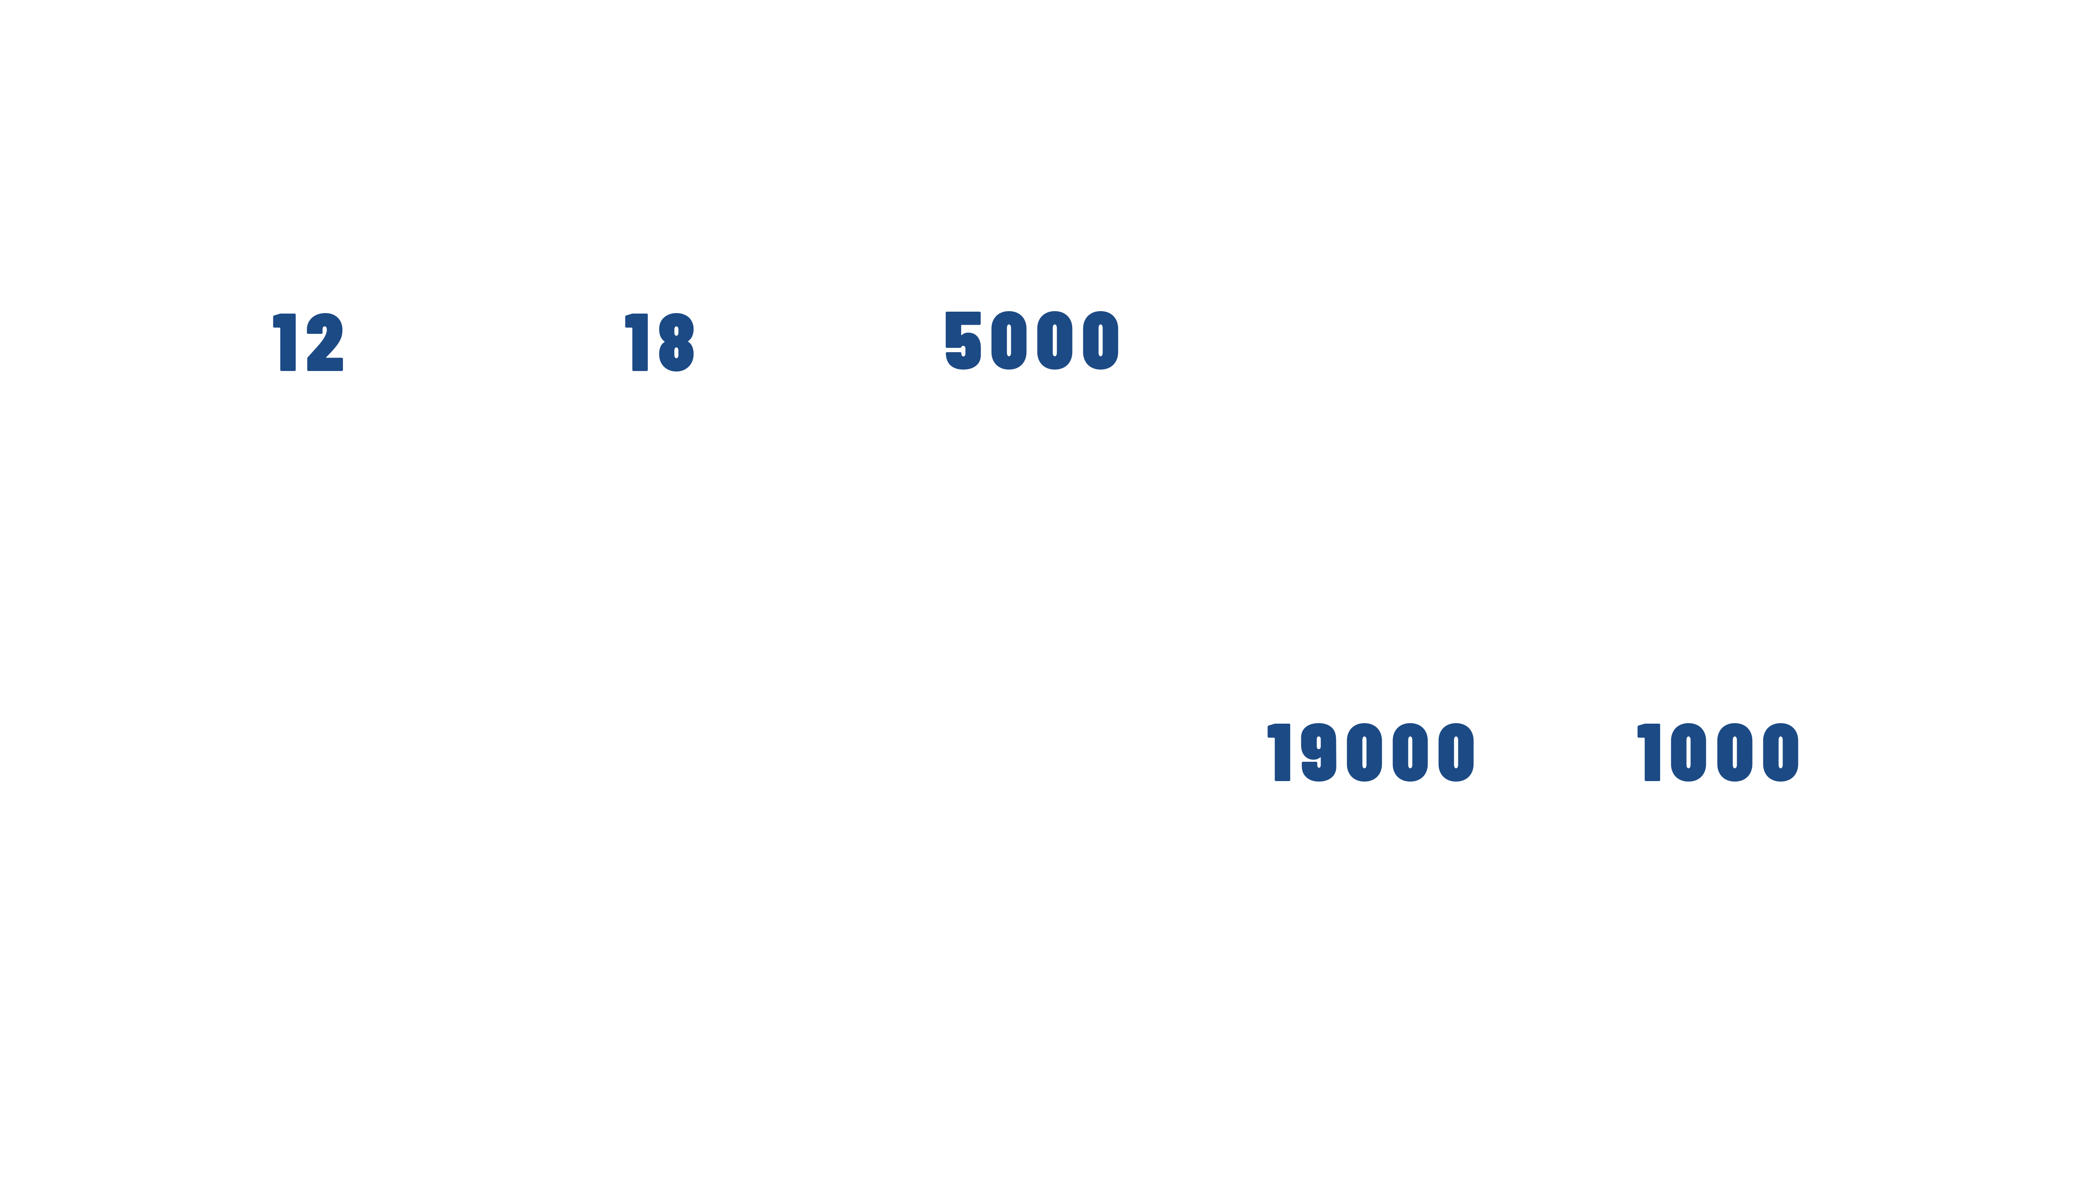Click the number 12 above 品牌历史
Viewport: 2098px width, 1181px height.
click(x=310, y=343)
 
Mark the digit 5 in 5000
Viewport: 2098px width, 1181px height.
click(x=965, y=341)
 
